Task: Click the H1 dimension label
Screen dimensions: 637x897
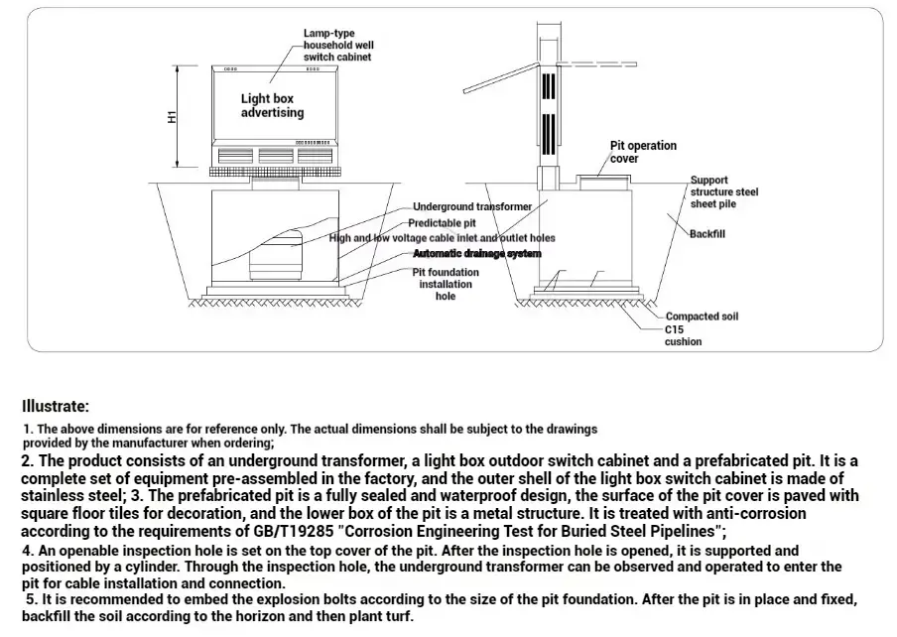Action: (172, 117)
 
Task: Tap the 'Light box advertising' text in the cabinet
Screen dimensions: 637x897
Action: (272, 106)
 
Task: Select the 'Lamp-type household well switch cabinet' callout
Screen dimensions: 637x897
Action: (337, 46)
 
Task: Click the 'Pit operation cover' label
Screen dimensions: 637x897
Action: (642, 152)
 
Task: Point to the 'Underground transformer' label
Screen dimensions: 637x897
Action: (472, 206)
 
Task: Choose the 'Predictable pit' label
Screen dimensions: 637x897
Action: (448, 223)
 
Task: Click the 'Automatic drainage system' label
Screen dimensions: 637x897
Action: (476, 254)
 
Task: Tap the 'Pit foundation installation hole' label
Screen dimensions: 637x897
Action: (446, 284)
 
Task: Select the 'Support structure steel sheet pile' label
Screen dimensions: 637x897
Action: (723, 191)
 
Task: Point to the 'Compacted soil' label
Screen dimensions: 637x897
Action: (702, 317)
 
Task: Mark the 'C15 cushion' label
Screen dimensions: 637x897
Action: (682, 335)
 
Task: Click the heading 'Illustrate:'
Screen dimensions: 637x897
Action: (56, 406)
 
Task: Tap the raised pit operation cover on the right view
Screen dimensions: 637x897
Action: (604, 181)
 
